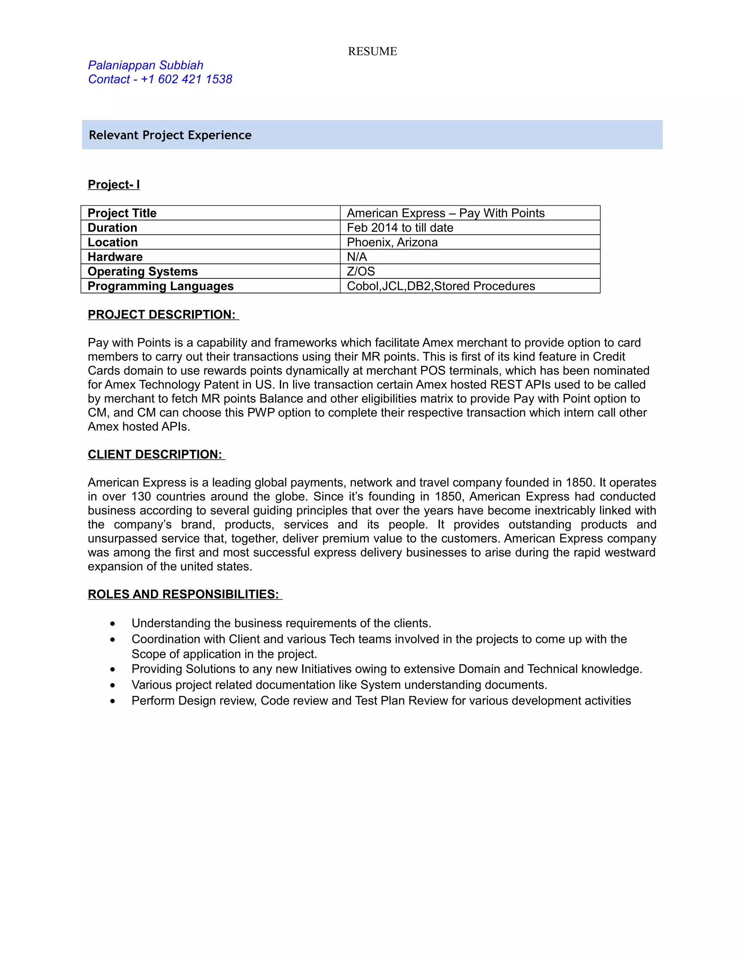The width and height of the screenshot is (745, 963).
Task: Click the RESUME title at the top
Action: [x=372, y=51]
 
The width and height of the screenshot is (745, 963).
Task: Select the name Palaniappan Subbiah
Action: [x=145, y=65]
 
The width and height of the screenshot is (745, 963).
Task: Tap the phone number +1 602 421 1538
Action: [x=186, y=79]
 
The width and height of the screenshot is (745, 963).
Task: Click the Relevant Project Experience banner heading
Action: [x=170, y=135]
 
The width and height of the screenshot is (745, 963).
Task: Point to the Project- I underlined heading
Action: [x=113, y=184]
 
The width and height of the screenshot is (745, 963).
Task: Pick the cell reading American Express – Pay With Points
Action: [x=445, y=213]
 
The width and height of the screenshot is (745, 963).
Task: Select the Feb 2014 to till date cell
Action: [x=400, y=227]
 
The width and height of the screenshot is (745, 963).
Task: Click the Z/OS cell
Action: [x=360, y=271]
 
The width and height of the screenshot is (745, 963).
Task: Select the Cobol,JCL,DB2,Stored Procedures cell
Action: [x=441, y=286]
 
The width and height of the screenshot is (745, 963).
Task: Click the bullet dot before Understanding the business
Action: [x=113, y=624]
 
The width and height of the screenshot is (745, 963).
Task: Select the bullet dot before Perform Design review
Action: [x=113, y=701]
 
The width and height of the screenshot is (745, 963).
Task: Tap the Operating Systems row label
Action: [x=142, y=271]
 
